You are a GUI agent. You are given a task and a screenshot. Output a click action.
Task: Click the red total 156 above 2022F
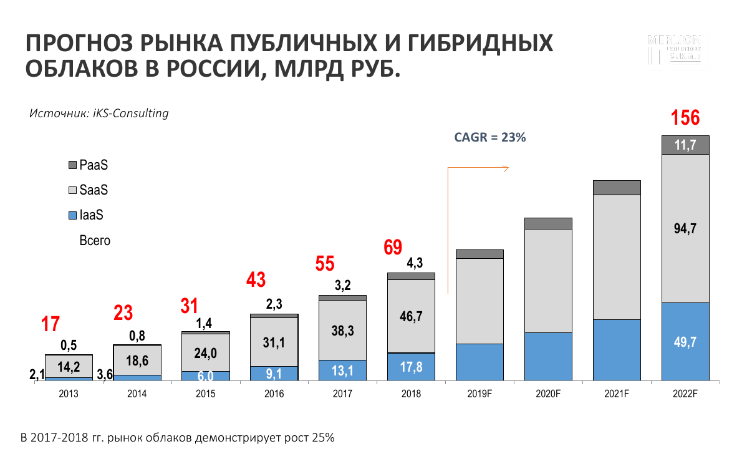click(685, 118)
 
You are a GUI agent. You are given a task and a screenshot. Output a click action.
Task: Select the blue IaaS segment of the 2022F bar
click(685, 341)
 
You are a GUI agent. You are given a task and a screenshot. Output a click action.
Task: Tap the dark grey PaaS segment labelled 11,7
click(685, 145)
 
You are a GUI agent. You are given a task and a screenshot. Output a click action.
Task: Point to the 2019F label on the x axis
click(480, 394)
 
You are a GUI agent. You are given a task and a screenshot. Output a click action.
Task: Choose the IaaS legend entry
click(91, 216)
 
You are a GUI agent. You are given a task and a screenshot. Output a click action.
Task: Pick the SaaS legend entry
click(93, 190)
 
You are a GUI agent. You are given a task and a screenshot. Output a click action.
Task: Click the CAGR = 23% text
click(490, 138)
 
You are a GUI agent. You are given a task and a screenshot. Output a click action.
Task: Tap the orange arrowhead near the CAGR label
click(507, 167)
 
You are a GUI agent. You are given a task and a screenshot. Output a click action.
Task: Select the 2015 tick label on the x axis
click(205, 394)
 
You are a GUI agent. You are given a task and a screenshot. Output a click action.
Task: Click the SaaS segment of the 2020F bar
click(548, 281)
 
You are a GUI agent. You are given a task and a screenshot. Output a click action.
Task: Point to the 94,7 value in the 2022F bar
click(685, 229)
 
